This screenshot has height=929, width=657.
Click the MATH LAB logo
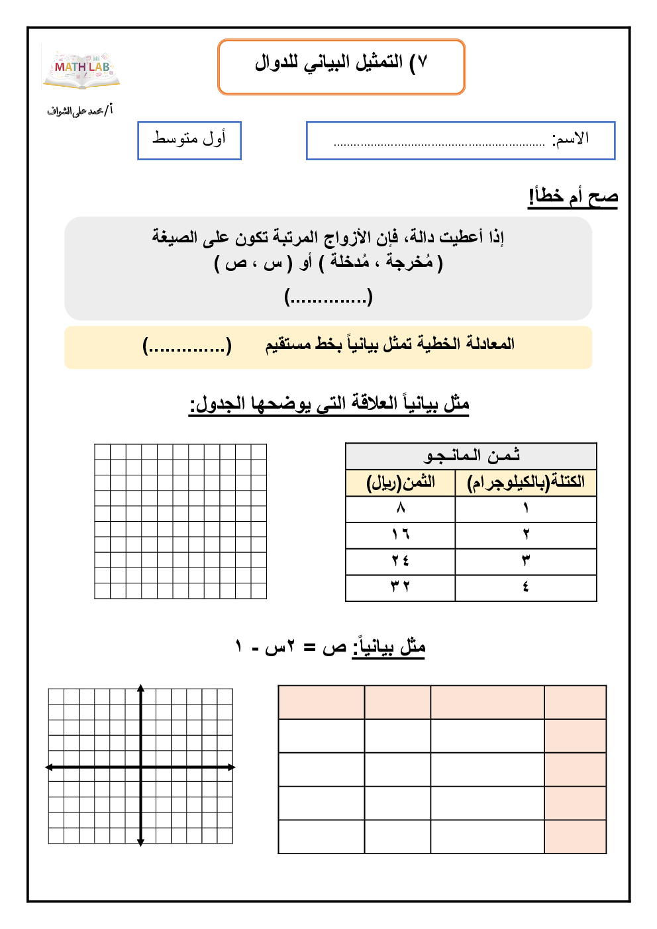[x=81, y=69]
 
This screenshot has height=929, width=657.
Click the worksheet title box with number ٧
[x=341, y=66]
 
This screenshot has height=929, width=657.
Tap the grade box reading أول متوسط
[x=189, y=140]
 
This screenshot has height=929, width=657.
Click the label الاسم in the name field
[x=571, y=139]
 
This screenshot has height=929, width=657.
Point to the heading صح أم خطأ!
[x=573, y=197]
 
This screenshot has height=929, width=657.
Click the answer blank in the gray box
[x=328, y=296]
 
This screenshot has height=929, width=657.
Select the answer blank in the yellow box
[x=187, y=346]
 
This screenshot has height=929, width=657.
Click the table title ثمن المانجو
[x=471, y=456]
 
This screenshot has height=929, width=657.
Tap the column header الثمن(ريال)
[x=401, y=483]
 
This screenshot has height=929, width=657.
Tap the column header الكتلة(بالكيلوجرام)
[x=526, y=483]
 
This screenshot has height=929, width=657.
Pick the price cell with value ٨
[x=401, y=509]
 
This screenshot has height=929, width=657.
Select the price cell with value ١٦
[x=401, y=534]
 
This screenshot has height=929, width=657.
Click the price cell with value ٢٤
[x=401, y=561]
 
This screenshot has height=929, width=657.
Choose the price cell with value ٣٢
[x=401, y=587]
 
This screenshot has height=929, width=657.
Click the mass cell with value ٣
[x=526, y=561]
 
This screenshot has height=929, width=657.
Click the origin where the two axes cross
[x=140, y=767]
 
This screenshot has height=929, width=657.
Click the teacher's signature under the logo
[x=79, y=111]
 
